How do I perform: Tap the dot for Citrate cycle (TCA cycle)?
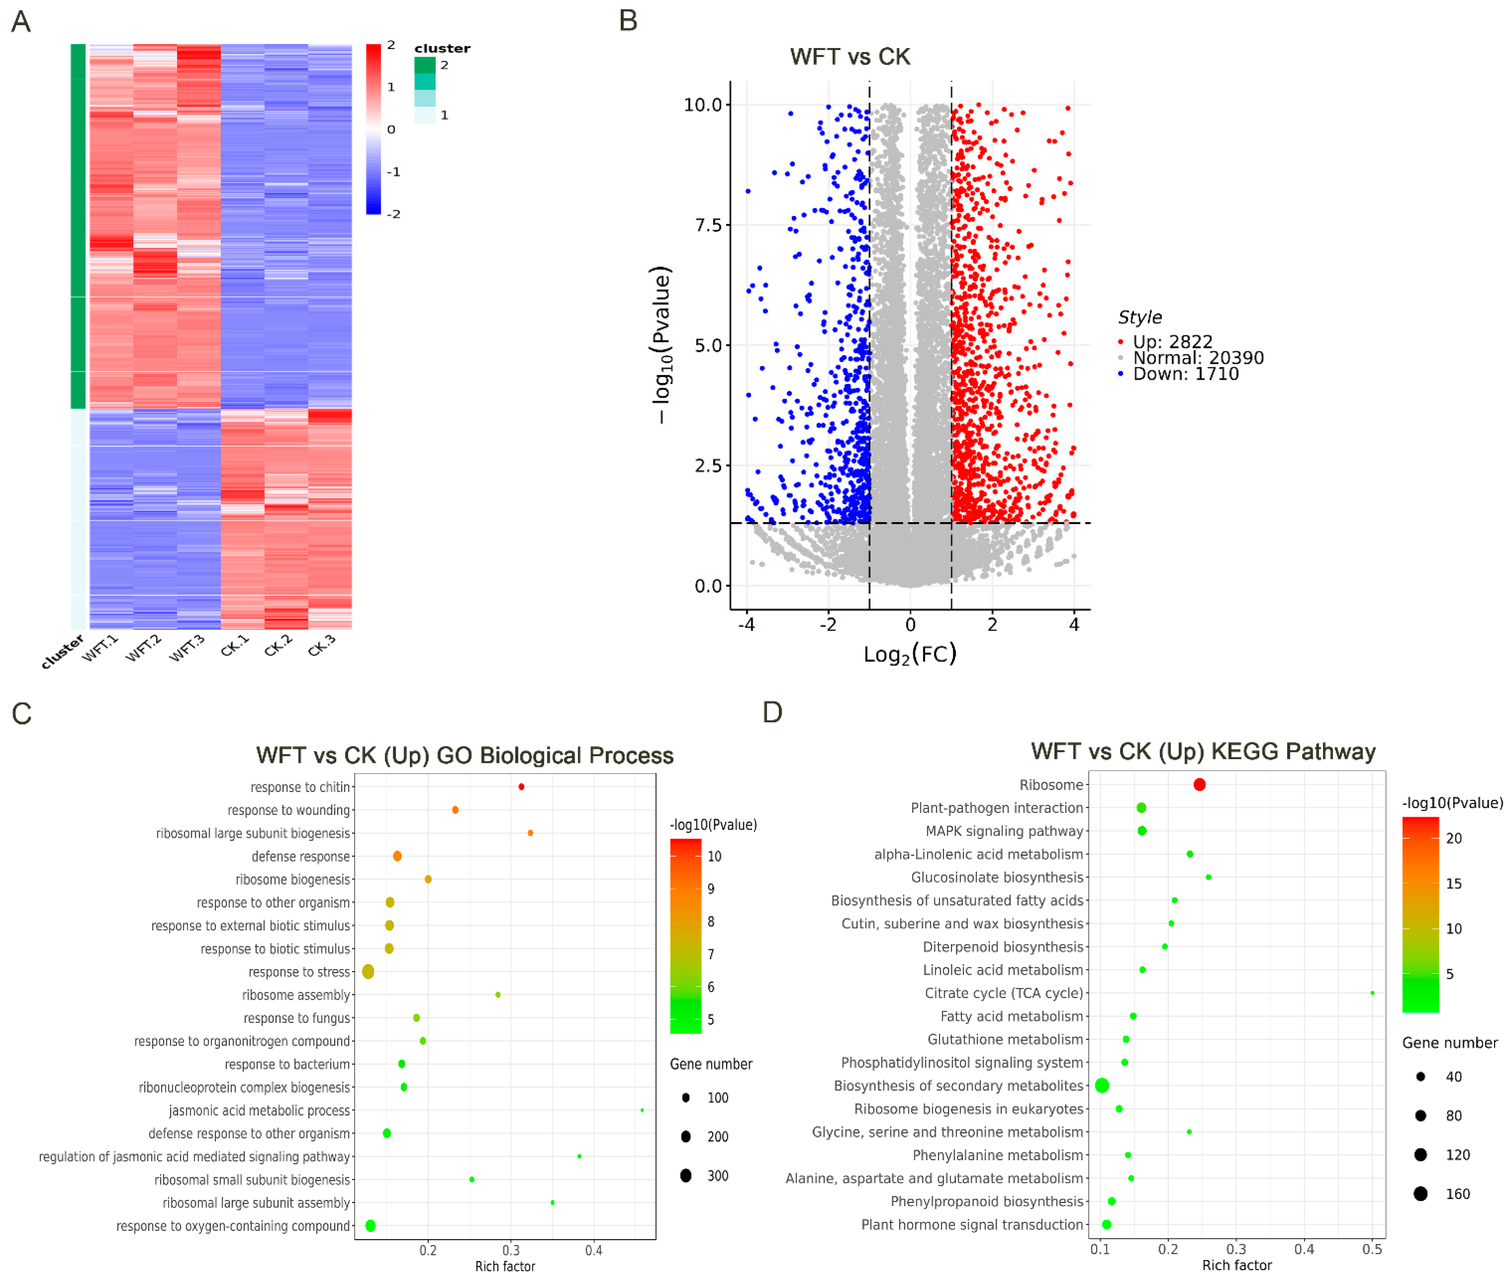[1372, 993]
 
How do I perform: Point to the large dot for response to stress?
[368, 971]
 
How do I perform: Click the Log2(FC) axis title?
[910, 654]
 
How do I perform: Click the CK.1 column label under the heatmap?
[235, 645]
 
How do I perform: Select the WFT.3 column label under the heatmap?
[187, 647]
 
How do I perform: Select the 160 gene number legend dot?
[1421, 1193]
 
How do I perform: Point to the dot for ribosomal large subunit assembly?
[553, 1203]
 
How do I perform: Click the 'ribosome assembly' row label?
[296, 995]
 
